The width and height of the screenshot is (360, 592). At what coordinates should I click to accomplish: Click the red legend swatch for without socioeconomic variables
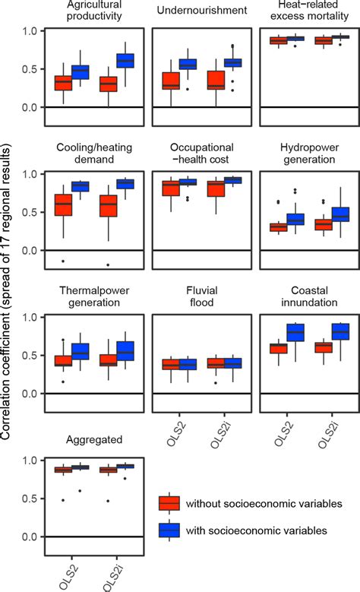pyautogui.click(x=169, y=503)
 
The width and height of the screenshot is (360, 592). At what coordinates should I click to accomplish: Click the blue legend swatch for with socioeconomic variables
pyautogui.click(x=169, y=530)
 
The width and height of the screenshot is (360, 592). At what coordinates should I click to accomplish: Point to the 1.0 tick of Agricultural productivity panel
pyautogui.click(x=32, y=31)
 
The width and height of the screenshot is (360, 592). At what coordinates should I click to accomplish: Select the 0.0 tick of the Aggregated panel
pyautogui.click(x=32, y=537)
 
